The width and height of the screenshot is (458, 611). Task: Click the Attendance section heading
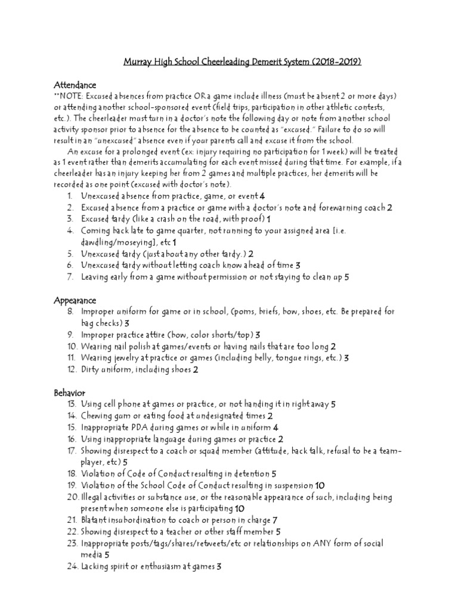[x=75, y=85]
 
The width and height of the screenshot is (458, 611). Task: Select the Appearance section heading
[x=75, y=300]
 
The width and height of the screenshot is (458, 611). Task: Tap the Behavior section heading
[x=70, y=393]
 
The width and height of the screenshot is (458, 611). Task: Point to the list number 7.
[x=69, y=277]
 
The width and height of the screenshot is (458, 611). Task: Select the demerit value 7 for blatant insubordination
[x=276, y=520]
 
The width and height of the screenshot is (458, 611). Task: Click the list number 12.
[x=68, y=369]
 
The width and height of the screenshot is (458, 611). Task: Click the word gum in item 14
[x=122, y=416]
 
